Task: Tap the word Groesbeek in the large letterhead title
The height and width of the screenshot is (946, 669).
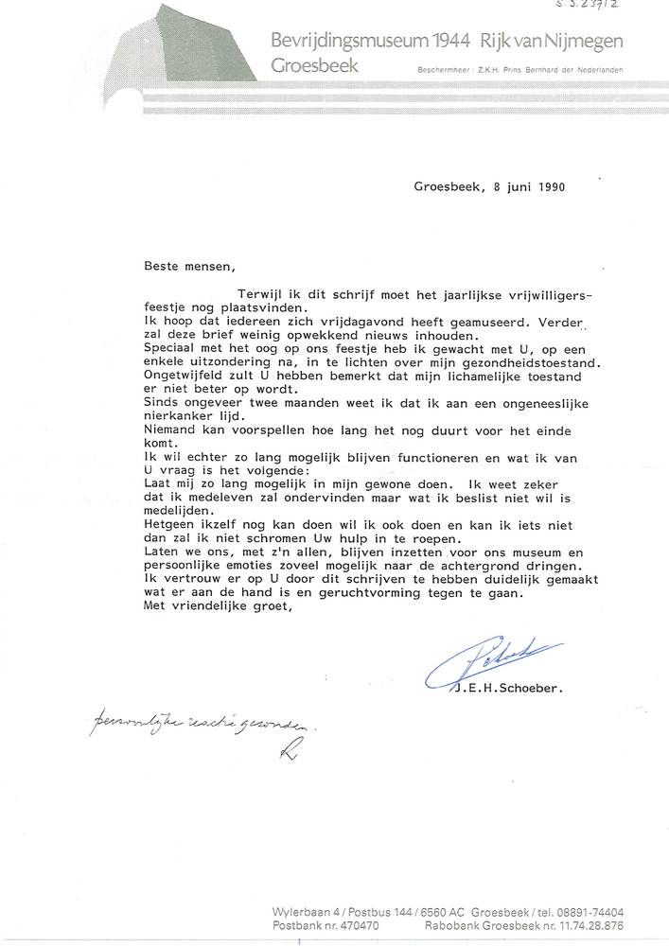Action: pos(314,66)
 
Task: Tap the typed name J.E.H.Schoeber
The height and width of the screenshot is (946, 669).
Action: pos(512,690)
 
